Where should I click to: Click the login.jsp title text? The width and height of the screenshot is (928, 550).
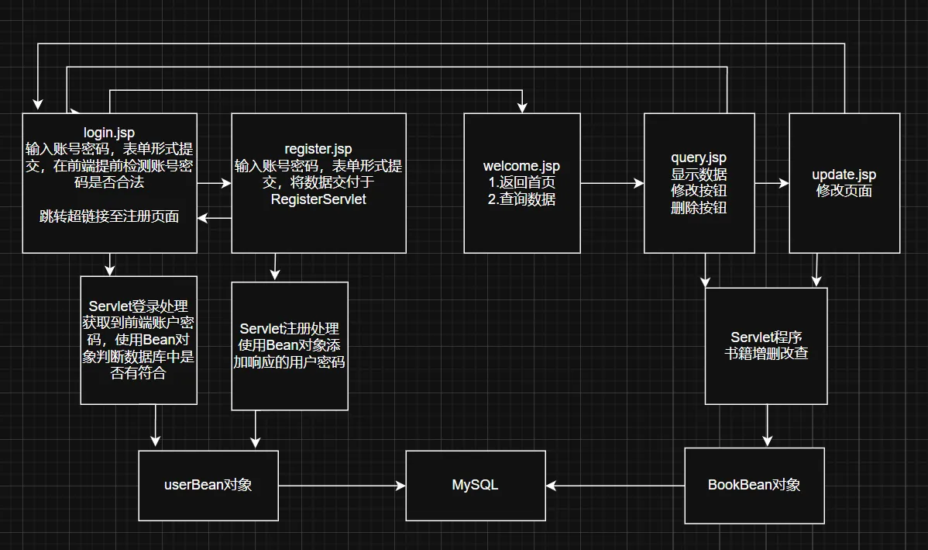coord(108,132)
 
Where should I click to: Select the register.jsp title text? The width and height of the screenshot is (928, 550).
coord(318,150)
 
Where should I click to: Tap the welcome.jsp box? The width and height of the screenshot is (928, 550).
coord(521,183)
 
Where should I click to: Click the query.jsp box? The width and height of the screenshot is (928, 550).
coord(699,183)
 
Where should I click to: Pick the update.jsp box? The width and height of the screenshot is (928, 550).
coord(844,183)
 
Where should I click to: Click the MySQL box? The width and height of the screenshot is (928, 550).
coord(475,485)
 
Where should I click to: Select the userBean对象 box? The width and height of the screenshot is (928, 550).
coord(208,485)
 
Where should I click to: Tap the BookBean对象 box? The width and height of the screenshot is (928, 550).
coord(754,485)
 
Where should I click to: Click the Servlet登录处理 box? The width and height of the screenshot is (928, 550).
coord(138,340)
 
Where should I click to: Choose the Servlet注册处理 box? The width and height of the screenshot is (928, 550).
coord(289,345)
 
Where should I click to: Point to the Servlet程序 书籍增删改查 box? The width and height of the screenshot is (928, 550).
coord(765,346)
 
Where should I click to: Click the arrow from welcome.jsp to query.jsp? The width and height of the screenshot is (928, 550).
coord(612,184)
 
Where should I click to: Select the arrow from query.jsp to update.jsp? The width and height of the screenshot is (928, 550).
coord(772,184)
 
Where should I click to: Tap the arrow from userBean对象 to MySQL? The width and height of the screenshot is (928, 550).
coord(342,486)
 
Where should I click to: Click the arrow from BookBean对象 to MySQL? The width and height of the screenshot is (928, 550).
coord(615,486)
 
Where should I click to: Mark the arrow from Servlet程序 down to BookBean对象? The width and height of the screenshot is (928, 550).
coord(767,425)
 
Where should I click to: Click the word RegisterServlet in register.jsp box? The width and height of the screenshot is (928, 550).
coord(318,199)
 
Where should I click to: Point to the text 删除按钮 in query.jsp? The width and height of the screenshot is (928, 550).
coord(699,207)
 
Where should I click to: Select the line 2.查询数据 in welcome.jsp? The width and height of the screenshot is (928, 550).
coord(521,199)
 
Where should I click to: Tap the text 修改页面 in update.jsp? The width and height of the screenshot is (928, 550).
coord(844,191)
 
